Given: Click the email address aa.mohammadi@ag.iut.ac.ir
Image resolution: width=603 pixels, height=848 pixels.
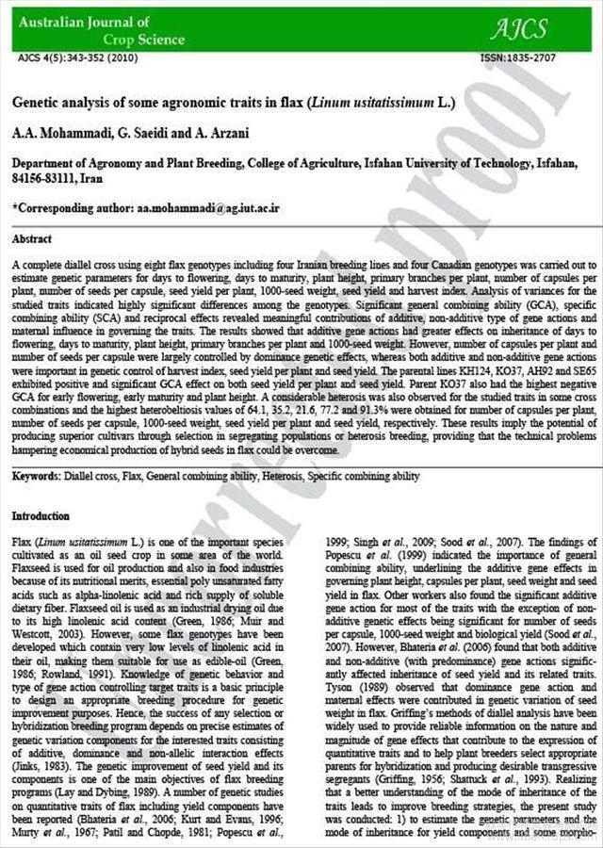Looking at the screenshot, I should tap(208, 205).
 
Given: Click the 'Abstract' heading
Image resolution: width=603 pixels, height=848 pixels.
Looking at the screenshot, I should tap(32, 239).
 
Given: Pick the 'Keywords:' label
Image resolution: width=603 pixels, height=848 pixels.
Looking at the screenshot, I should tap(36, 477).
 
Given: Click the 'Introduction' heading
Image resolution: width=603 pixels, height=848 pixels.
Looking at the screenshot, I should tap(41, 516).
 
